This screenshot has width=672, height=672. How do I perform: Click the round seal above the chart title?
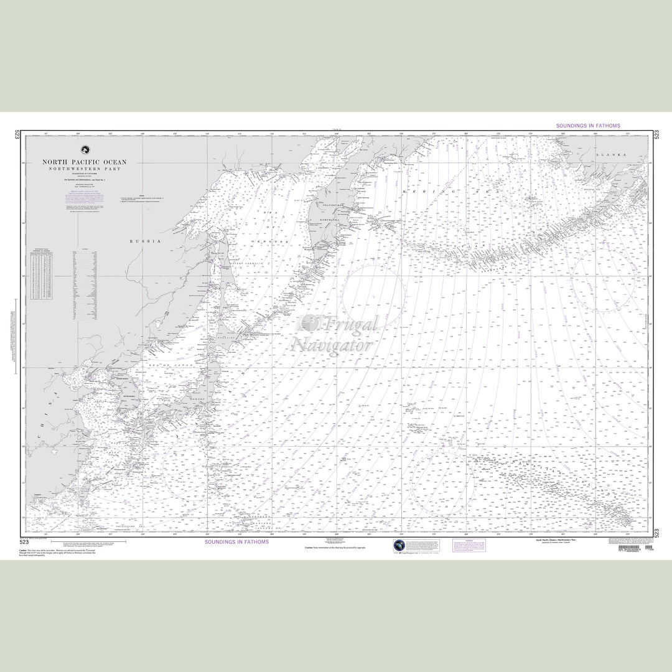[x=84, y=150]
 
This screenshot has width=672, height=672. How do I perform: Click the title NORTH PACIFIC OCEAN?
[x=84, y=162]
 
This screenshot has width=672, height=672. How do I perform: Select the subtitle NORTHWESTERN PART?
[x=84, y=169]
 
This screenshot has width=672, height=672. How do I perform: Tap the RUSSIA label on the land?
[x=145, y=241]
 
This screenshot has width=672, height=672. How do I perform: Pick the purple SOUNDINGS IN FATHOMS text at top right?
[x=588, y=126]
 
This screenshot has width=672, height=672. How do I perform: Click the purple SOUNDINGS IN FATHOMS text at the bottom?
[x=236, y=543]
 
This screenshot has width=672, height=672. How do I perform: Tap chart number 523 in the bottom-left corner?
[x=24, y=543]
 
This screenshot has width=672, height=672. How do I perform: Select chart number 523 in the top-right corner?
[x=658, y=136]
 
